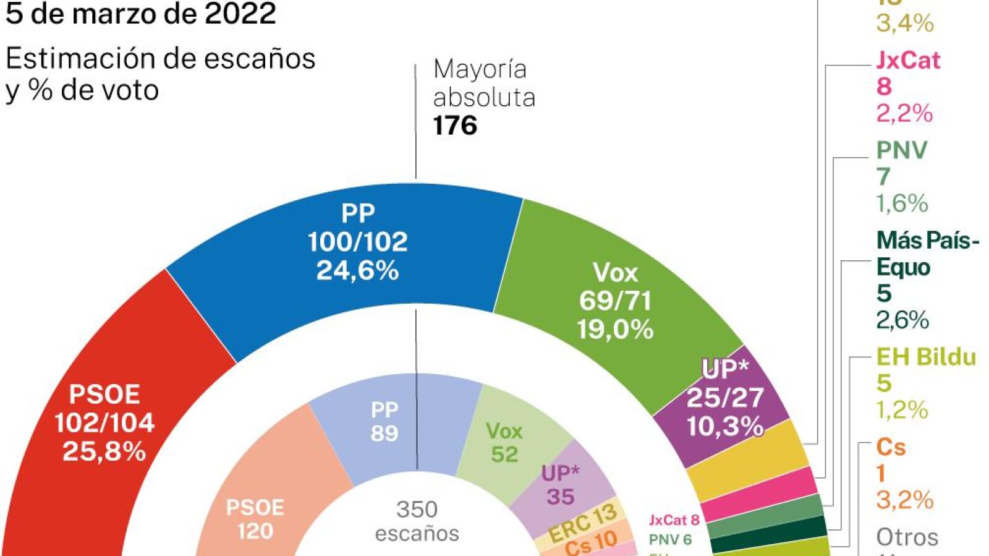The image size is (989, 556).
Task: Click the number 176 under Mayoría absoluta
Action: coord(455,126)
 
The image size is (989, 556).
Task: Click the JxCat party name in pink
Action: coord(908,60)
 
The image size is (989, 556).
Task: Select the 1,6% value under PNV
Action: coord(902,203)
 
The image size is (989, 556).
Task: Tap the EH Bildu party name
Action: coord(926,357)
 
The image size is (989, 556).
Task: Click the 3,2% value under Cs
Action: coord(904,500)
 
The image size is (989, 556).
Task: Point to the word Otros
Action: coord(907,537)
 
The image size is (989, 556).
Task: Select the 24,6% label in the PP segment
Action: coord(357,270)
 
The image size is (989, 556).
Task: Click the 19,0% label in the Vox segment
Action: coord(615,329)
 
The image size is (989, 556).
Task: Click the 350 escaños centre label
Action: coord(417,521)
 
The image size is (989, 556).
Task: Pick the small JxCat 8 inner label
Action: coord(674,520)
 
